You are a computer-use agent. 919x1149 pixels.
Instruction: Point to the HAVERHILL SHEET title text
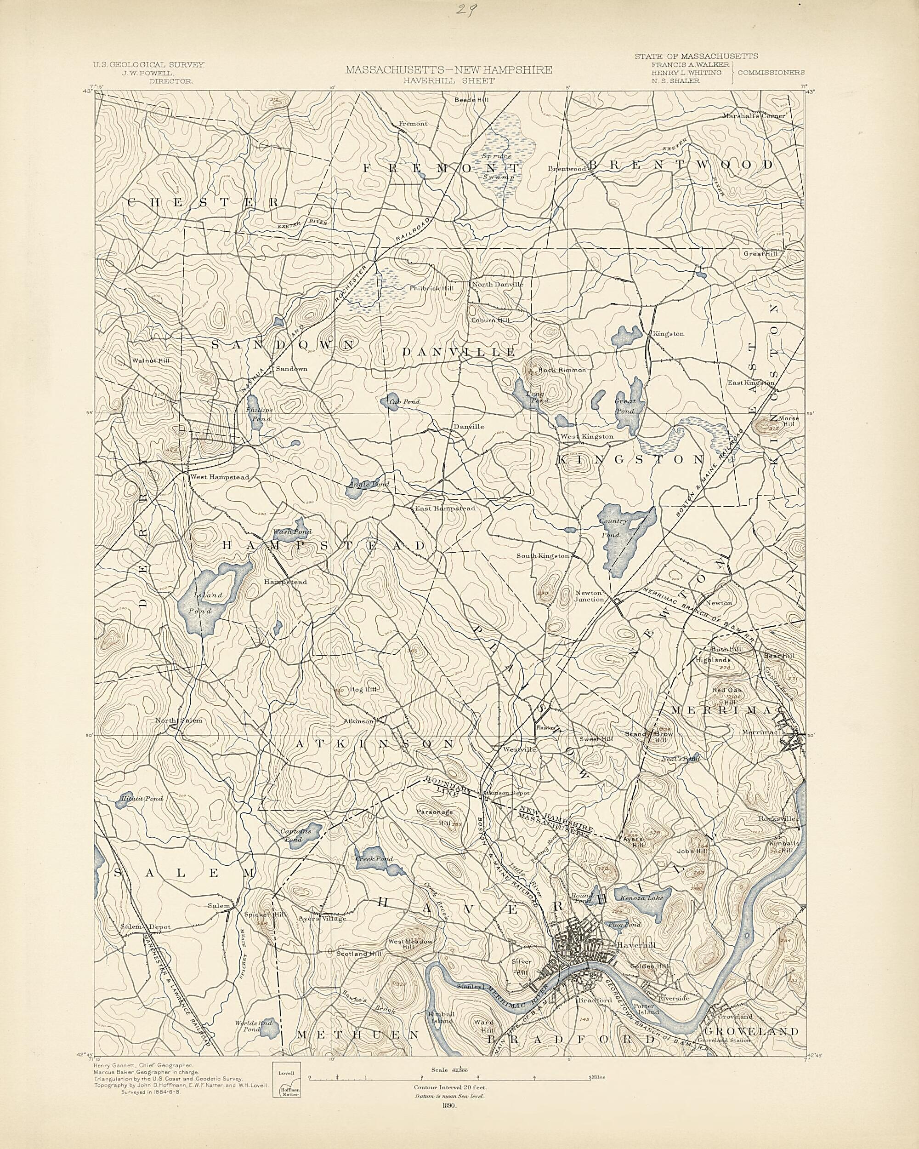click(x=448, y=80)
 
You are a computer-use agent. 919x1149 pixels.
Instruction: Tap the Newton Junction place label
click(x=589, y=596)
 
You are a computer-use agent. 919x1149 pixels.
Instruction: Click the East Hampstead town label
click(x=445, y=509)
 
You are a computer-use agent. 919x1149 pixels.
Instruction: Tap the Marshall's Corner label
click(x=754, y=116)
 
